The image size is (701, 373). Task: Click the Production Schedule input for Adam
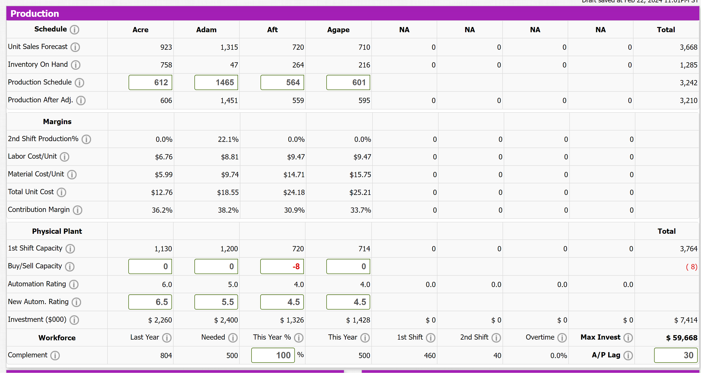216,82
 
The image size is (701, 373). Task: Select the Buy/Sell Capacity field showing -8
282,266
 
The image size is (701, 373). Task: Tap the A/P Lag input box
676,355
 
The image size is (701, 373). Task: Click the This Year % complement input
273,355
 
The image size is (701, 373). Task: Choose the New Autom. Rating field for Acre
150,302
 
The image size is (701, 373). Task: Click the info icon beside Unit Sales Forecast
75,47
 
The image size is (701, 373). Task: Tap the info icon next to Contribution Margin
77,210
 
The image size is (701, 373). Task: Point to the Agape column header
338,30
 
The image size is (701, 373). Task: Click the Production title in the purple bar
35,13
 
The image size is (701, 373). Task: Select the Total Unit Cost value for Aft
294,192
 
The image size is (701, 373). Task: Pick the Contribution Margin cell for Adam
228,210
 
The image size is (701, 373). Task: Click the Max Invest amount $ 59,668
682,338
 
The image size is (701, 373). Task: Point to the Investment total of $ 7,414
686,320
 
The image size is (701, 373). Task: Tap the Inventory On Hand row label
38,64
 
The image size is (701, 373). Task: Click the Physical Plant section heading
57,231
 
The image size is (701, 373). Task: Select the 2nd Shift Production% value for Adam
228,139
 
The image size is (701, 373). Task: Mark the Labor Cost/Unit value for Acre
164,157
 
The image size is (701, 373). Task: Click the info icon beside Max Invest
628,338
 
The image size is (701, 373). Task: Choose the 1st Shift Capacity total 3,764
688,249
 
